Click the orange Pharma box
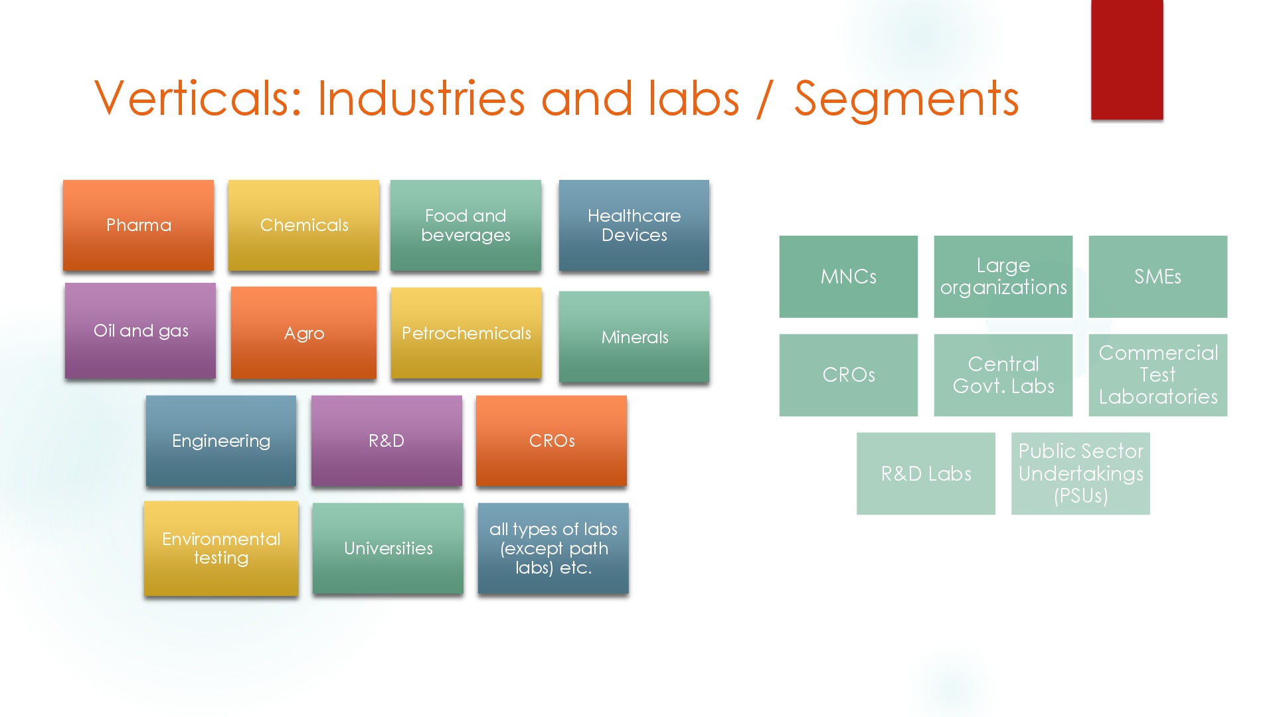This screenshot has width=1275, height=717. pos(138,225)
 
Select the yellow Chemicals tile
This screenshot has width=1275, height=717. pos(303,225)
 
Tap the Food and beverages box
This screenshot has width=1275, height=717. pos(466,225)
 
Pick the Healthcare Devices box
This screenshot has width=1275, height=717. pos(634,225)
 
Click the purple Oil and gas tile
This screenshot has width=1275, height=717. pos(140,331)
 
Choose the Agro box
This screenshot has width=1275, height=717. pos(303,333)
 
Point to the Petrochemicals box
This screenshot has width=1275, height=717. pos(466,333)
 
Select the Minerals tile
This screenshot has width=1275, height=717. pos(634,337)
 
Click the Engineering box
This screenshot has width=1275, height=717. pos(221,441)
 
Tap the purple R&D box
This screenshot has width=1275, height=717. pos(386,441)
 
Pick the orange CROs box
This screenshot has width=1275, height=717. pos(551,441)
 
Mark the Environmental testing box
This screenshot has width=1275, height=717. pos(221,548)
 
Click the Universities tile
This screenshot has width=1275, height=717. pos(388,548)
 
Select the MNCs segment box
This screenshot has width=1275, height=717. pos(849,277)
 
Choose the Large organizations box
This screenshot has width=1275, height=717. pos(1003,277)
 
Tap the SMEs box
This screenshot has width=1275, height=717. pos(1158,277)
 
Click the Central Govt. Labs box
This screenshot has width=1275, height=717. pos(1003,375)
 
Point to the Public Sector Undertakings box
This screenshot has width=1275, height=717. pos(1080,473)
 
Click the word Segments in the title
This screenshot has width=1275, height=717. pos(906,99)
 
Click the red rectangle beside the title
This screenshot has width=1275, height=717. pos(1127,60)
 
